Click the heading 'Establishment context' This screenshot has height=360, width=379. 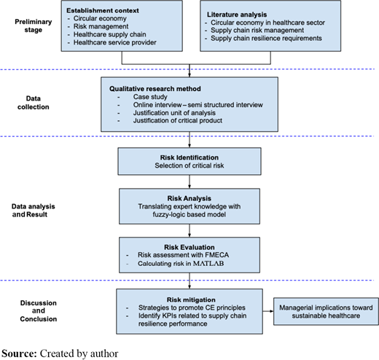[x=103, y=10]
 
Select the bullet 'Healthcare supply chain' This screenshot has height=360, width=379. [x=110, y=34]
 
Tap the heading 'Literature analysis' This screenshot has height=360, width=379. [x=237, y=15]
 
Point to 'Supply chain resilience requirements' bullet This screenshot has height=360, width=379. [x=266, y=38]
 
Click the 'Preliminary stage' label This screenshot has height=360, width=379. [x=34, y=26]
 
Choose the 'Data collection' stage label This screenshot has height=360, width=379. [x=34, y=103]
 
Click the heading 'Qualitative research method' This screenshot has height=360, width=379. [x=155, y=89]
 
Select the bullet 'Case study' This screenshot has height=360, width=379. [x=150, y=97]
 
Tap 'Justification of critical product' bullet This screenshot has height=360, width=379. [x=178, y=120]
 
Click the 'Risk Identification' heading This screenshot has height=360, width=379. [x=189, y=157]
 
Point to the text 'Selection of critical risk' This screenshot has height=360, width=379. [x=189, y=165]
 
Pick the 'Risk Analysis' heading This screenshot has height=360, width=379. [x=189, y=198]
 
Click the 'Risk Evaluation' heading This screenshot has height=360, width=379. [x=189, y=247]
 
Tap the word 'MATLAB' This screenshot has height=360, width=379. [x=208, y=263]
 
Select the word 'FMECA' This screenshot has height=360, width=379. [x=217, y=255]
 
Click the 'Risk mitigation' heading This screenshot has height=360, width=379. [x=191, y=300]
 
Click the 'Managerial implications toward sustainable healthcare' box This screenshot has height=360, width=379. [x=326, y=311]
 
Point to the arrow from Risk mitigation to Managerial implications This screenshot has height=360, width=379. [x=268, y=311]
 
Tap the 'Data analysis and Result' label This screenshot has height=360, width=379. [x=34, y=211]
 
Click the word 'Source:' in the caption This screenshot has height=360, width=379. [x=19, y=353]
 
